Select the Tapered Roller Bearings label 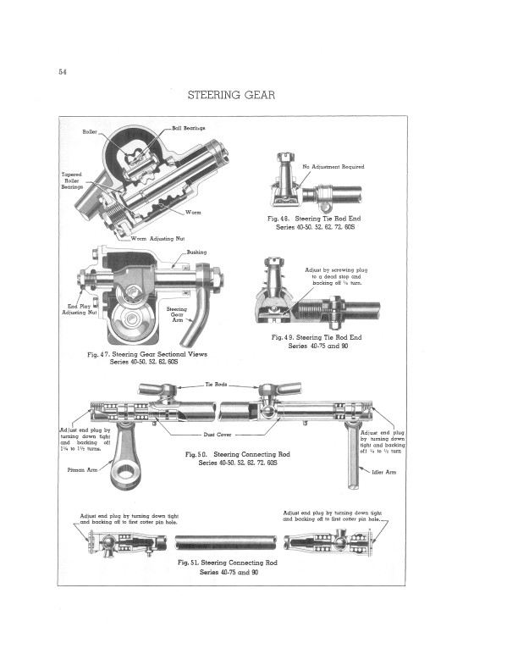point(72,180)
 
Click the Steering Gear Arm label point(177,314)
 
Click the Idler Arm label point(384,472)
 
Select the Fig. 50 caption point(243,458)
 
